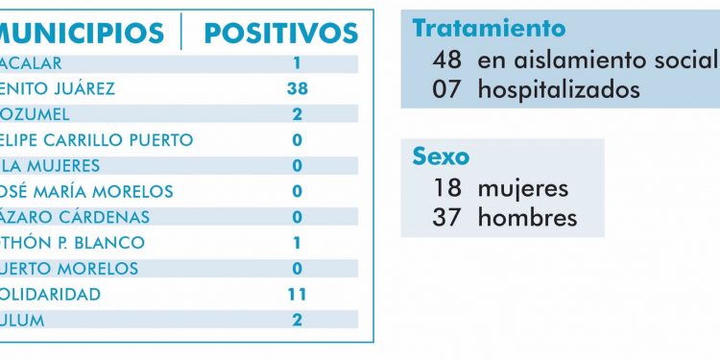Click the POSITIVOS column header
281,33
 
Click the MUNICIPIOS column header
82,33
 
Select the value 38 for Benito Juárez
297,89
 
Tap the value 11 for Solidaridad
297,295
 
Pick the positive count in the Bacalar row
297,63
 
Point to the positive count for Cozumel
297,115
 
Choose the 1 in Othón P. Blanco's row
297,243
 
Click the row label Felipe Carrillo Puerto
96,140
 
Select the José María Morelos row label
86,192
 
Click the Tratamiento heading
489,29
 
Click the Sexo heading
441,156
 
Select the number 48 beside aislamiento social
447,60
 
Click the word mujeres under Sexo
523,187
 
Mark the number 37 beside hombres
447,218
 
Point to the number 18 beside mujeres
447,187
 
